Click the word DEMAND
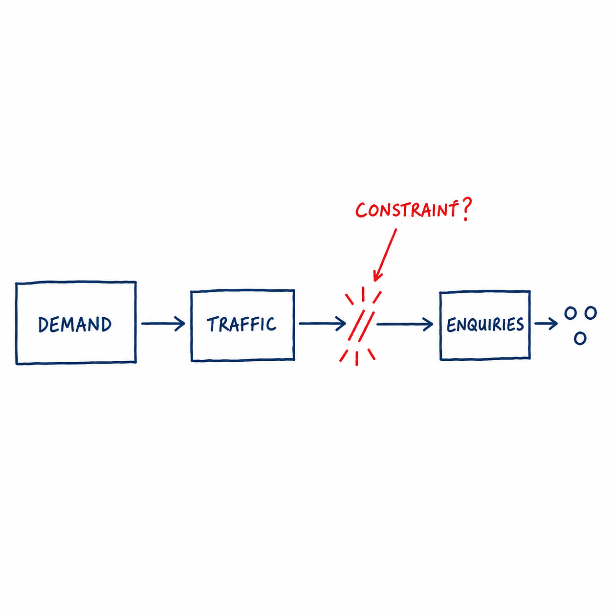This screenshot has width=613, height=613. [75, 324]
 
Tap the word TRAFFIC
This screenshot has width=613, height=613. [241, 324]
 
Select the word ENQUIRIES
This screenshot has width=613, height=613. [485, 325]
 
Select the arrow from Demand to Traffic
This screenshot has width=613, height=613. [163, 324]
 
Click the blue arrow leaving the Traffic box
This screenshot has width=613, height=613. [322, 324]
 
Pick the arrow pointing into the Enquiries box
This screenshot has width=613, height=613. [405, 324]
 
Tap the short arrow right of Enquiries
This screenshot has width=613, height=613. [546, 324]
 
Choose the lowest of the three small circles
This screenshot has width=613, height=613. [580, 338]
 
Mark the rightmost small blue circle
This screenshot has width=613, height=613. [591, 313]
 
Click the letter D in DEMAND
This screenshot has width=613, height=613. [44, 325]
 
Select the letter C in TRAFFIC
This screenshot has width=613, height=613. [271, 324]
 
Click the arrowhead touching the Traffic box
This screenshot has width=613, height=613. [181, 324]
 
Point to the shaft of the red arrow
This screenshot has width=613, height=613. [386, 253]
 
